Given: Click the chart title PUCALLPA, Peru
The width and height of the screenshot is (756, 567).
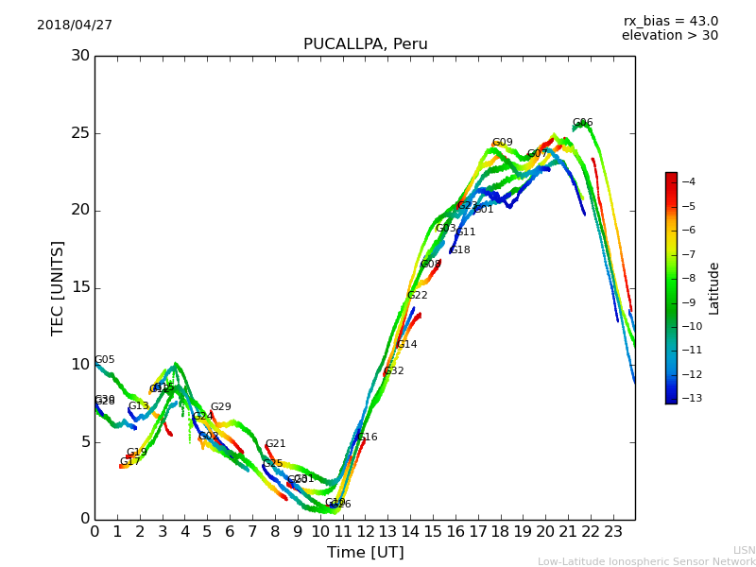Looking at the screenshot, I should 365,44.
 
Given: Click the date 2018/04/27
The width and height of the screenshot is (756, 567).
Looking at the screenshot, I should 75,26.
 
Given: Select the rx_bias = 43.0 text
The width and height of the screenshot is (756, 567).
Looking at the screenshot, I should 670,22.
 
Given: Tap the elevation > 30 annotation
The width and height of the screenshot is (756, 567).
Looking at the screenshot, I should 669,36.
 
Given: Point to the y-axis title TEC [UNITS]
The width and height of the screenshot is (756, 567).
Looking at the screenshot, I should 59,287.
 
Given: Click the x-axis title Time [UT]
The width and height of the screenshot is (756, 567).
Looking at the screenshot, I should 365,553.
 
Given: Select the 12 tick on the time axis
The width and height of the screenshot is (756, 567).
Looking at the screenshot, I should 365,532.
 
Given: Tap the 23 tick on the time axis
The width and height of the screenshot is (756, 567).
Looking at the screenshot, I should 612,532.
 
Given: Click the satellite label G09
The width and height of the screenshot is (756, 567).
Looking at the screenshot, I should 502,143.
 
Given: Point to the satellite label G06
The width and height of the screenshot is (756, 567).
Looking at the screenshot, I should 582,123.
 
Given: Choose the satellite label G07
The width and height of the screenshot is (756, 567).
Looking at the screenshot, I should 537,154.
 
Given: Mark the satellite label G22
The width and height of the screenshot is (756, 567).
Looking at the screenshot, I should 417,296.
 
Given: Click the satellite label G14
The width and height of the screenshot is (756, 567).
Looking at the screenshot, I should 406,345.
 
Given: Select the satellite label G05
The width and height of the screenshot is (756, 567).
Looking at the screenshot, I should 104,360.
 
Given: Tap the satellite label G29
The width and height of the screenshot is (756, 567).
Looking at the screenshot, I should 220,407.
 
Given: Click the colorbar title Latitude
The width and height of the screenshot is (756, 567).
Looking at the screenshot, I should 714,288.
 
